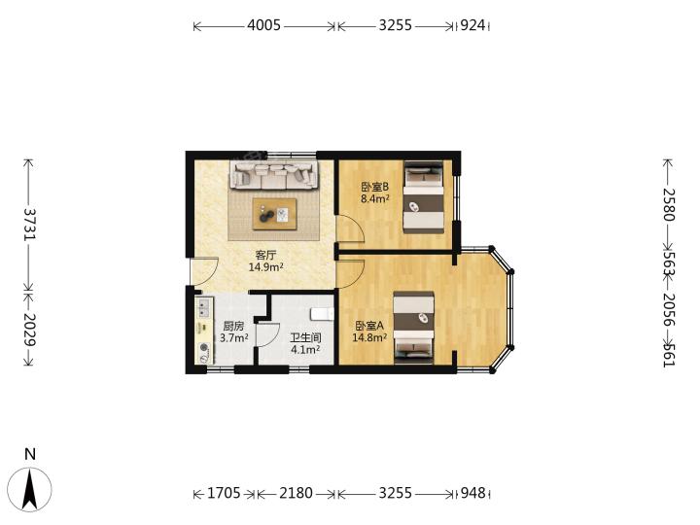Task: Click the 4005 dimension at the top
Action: [x=263, y=25]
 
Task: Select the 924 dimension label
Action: [x=472, y=25]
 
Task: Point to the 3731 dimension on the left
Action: [x=30, y=225]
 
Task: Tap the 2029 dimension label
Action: [x=30, y=330]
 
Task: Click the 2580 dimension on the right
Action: [x=669, y=205]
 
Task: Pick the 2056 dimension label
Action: [x=669, y=310]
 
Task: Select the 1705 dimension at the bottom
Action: [x=225, y=493]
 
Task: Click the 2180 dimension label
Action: [x=296, y=493]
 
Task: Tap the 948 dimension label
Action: [x=472, y=493]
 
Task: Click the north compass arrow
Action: [x=30, y=489]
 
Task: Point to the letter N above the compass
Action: [x=30, y=454]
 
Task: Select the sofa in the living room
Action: [x=273, y=175]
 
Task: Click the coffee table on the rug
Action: [x=274, y=214]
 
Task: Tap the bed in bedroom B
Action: [x=424, y=196]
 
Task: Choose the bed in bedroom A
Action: [x=413, y=328]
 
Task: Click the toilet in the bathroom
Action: [x=323, y=314]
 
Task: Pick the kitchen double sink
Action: [x=204, y=307]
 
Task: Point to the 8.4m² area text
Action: [x=375, y=198]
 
